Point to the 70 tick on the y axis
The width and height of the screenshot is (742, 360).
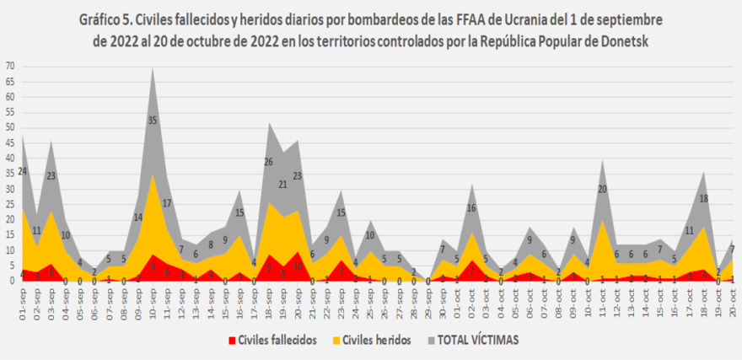[10, 66]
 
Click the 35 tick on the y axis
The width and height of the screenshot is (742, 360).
[10, 174]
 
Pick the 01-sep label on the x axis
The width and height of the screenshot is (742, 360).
[24, 300]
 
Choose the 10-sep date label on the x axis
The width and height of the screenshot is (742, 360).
[153, 300]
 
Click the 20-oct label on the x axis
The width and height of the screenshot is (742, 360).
[733, 300]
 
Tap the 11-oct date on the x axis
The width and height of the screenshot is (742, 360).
[603, 300]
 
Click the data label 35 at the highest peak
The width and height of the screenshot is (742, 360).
[153, 121]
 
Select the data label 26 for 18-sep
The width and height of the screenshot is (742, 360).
[268, 162]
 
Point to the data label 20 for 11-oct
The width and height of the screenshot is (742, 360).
[603, 189]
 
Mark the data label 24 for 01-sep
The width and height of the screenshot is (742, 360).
[24, 171]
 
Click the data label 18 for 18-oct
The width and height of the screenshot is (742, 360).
[704, 199]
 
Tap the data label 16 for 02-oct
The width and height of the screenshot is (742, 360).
[472, 207]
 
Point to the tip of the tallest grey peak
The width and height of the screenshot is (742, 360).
[153, 67]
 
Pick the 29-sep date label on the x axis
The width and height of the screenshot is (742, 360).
[428, 300]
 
